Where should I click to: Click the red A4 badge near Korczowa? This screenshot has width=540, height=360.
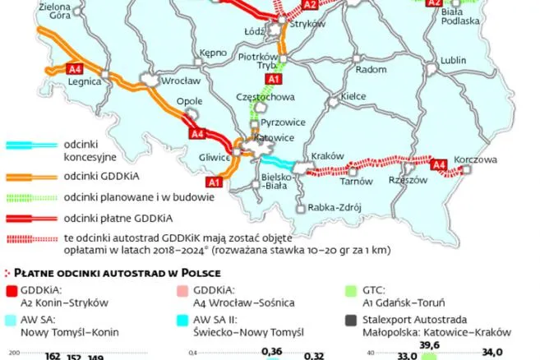[439, 165]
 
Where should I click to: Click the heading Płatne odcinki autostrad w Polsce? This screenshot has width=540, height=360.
[121, 272]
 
